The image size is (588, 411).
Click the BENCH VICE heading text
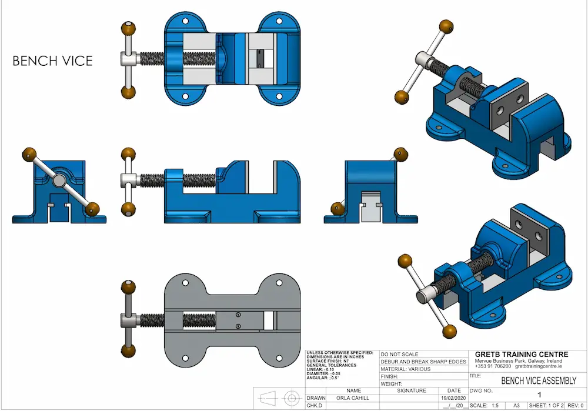[x=52, y=61]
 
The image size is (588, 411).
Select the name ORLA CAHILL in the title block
[x=353, y=398]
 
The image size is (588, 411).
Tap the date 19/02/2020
[x=454, y=398]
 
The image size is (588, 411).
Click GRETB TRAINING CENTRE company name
[x=522, y=354]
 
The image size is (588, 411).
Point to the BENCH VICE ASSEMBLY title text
[x=530, y=381]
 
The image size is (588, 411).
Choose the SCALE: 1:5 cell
[x=487, y=406]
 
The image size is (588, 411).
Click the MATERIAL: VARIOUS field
[x=406, y=369]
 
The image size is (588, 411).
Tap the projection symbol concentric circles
[x=290, y=398]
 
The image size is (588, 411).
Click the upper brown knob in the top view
[x=128, y=28]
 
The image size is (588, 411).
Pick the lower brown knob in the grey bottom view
[x=128, y=352]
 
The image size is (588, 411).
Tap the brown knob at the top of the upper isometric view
[x=447, y=27]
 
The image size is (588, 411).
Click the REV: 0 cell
[x=573, y=406]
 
